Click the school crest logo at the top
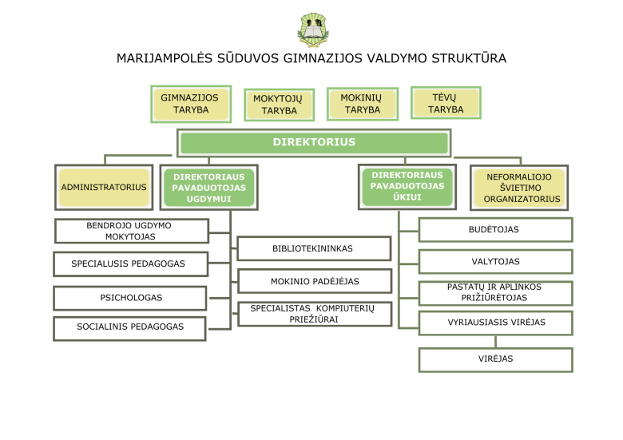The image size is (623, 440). click(311, 30)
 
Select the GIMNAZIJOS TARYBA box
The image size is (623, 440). click(190, 104)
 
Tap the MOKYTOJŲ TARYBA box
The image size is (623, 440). click(280, 105)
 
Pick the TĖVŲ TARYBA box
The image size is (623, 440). click(446, 103)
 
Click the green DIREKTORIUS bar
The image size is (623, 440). click(313, 143)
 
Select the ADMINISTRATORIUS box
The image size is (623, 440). click(104, 188)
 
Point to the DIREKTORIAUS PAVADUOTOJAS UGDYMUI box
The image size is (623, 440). click(208, 188)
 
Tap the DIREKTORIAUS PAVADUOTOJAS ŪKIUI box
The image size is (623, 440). click(407, 186)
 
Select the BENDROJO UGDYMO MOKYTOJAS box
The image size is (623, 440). click(130, 231)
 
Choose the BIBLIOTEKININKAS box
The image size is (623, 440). click(313, 248)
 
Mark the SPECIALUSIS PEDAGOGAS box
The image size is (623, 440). click(129, 264)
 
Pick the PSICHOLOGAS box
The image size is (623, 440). click(130, 297)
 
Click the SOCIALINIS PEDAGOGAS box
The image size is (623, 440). click(129, 327)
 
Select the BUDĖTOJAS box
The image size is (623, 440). click(494, 230)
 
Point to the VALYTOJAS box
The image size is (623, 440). click(495, 262)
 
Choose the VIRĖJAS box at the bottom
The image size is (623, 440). click(495, 359)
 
